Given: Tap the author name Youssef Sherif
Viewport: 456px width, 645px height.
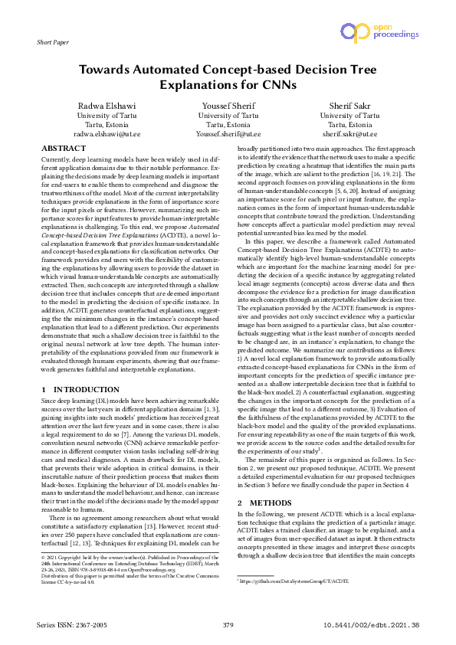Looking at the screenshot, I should click(x=228, y=105).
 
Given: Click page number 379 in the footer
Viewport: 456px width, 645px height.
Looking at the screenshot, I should click(x=228, y=626).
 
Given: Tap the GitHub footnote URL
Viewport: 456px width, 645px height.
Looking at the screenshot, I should click(x=294, y=581).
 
